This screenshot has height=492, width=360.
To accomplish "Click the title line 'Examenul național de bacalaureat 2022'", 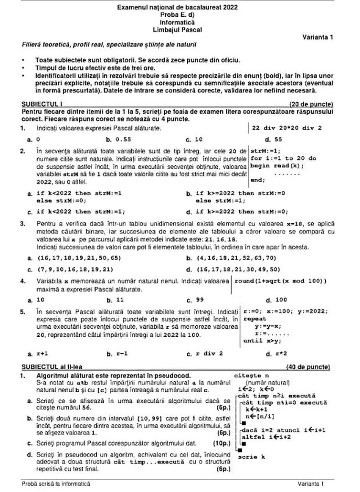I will click(x=177, y=8).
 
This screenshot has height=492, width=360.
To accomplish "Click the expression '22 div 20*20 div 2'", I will click(x=287, y=128).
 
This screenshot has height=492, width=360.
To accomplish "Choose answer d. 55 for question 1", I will click(x=273, y=140).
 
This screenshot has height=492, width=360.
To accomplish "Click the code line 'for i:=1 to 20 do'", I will click(x=283, y=158).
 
